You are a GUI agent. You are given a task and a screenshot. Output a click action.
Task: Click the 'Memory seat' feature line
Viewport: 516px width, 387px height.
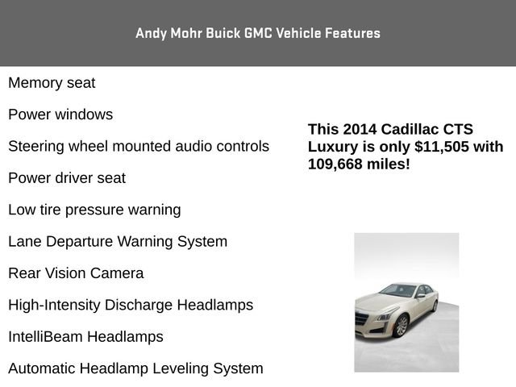(x=52, y=83)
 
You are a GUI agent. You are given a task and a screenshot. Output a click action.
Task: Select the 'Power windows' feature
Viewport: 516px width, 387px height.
(x=60, y=114)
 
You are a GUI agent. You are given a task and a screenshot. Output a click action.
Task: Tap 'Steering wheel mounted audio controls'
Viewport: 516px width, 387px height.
(x=139, y=147)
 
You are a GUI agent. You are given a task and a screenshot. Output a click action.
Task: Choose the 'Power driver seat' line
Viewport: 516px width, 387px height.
(x=67, y=178)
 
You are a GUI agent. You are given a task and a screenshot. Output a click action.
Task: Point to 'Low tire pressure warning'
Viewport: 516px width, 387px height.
(x=94, y=210)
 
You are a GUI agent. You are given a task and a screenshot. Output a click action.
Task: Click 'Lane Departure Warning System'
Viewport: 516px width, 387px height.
(x=118, y=241)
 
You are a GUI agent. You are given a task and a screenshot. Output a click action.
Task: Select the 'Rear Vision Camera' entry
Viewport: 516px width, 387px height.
(x=76, y=273)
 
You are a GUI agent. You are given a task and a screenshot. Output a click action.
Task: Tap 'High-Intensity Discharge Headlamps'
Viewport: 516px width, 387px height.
(x=131, y=305)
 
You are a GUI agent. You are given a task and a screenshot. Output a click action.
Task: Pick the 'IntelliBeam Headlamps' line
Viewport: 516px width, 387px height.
(x=85, y=337)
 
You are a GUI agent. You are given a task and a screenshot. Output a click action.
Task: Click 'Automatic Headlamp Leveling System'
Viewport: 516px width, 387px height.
(x=135, y=368)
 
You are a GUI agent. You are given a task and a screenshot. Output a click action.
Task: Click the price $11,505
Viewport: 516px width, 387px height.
(x=441, y=147)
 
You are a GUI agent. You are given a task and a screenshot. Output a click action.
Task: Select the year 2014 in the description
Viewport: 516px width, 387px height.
(x=360, y=130)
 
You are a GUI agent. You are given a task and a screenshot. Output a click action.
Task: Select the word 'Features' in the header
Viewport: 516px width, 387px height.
(x=352, y=33)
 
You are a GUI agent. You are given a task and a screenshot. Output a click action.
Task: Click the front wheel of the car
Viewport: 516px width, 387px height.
(x=401, y=326)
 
